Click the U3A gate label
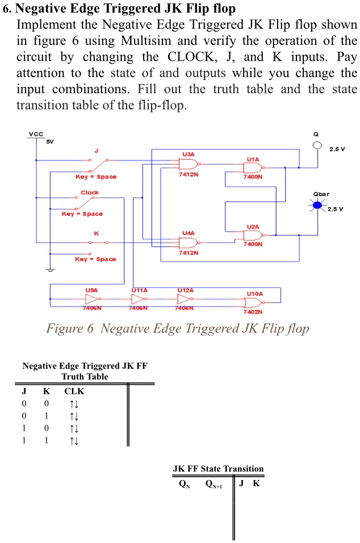tap(188, 154)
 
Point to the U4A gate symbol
tap(188, 242)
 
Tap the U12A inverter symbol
tap(186, 299)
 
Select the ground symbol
tap(51, 270)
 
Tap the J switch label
tap(96, 150)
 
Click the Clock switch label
tap(89, 192)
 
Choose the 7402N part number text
tap(253, 312)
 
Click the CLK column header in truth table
tap(74, 392)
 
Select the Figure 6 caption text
tap(177, 329)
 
